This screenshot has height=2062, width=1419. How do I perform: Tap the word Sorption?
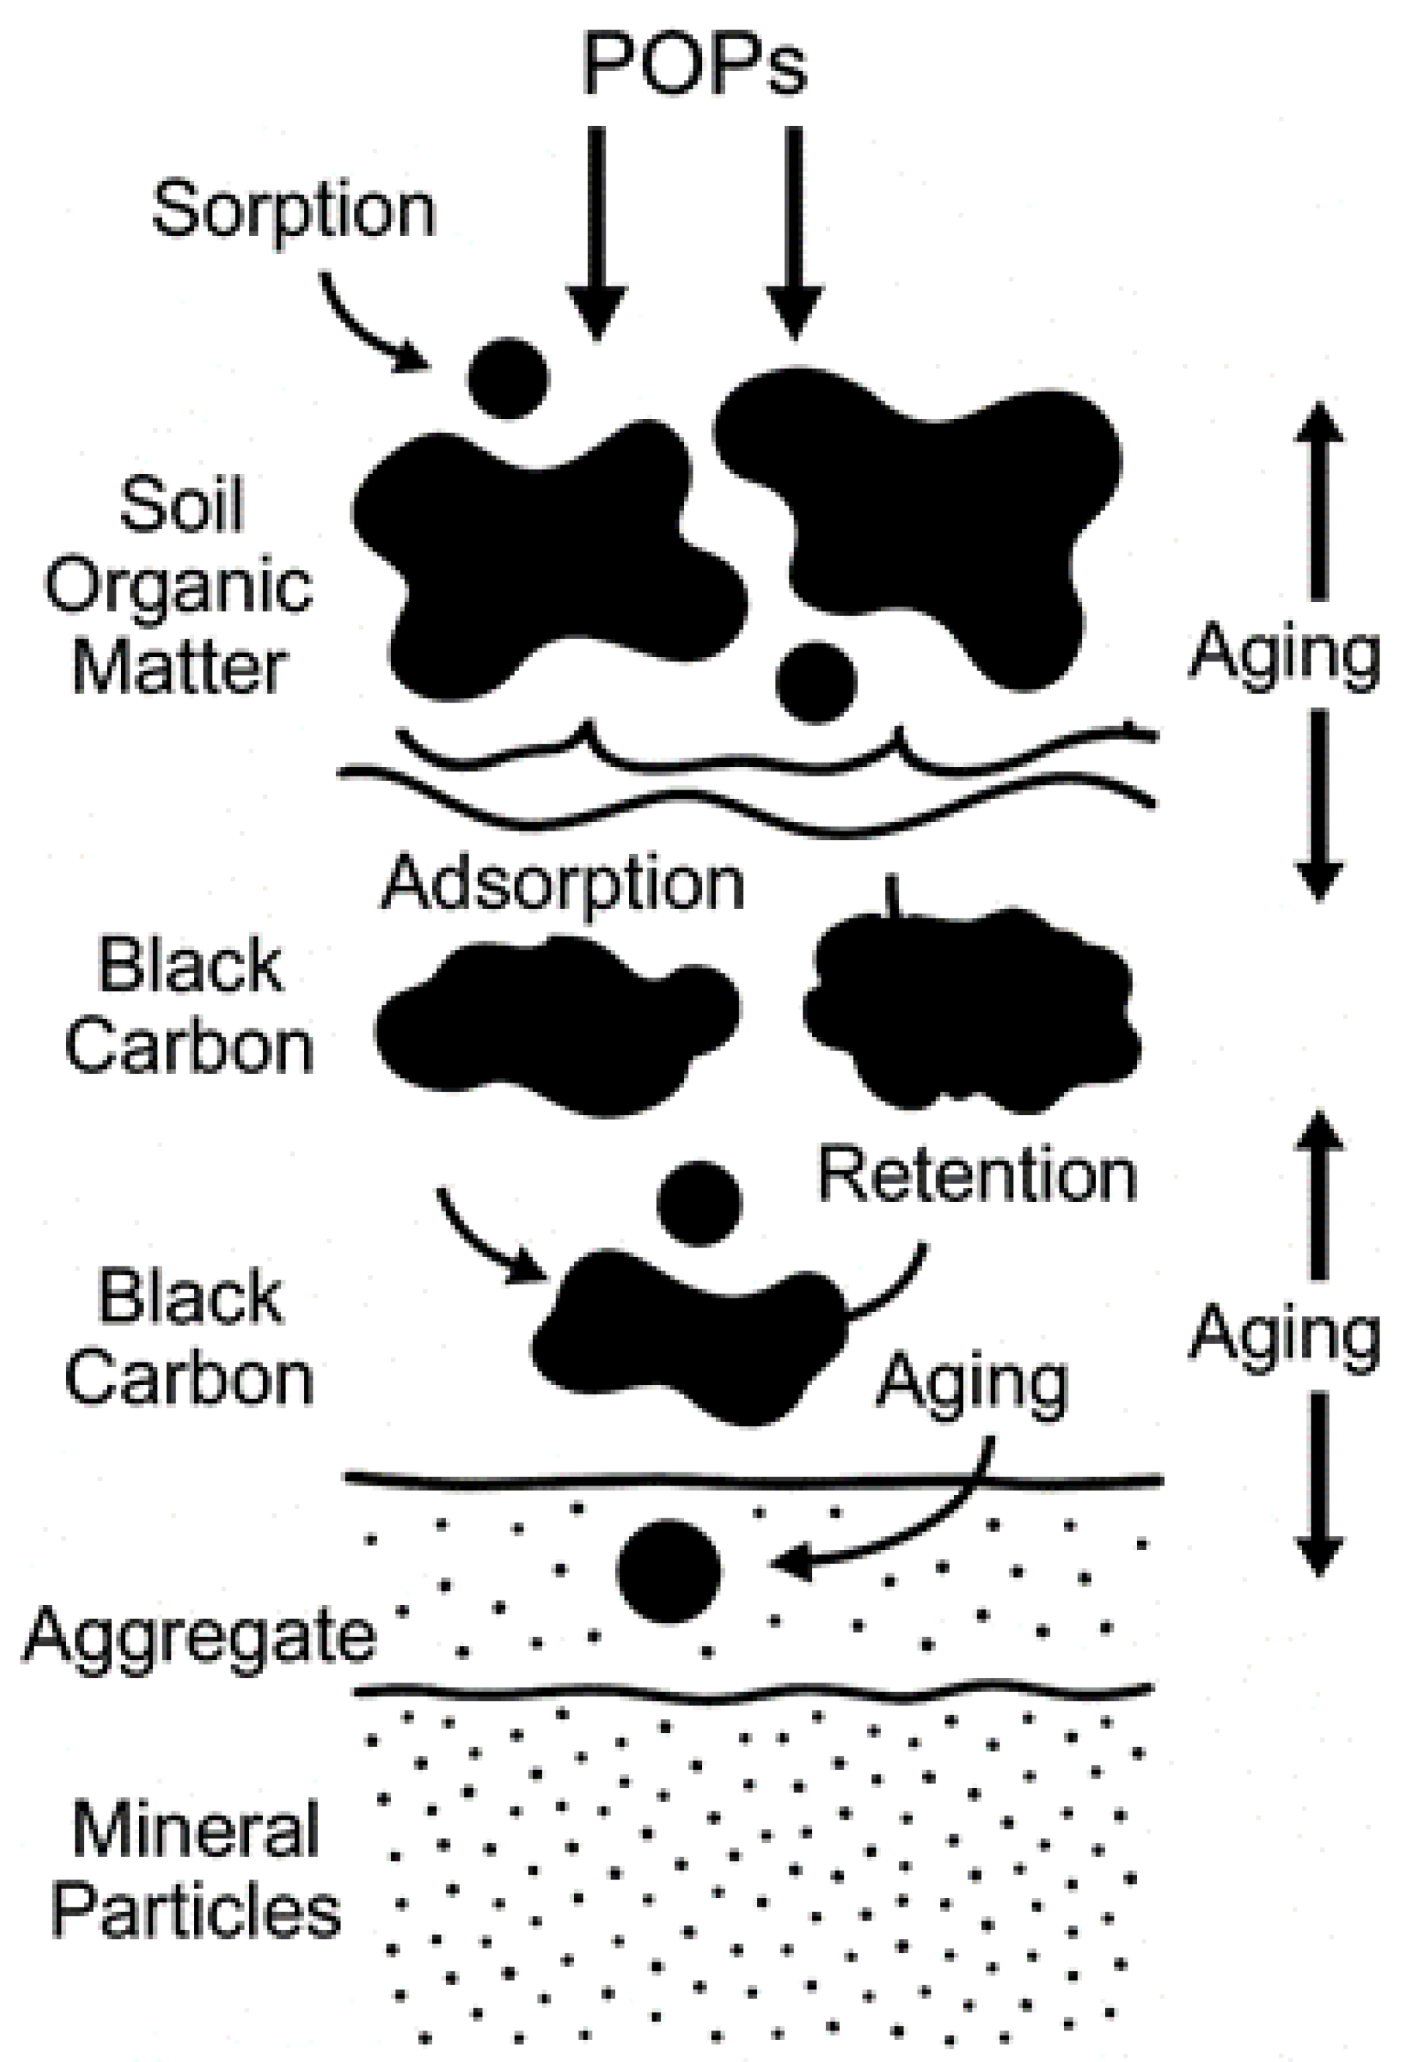[294, 210]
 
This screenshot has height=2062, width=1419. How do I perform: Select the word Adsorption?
[563, 884]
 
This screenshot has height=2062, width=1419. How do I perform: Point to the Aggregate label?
[200, 1635]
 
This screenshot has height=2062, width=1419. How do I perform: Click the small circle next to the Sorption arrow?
[509, 378]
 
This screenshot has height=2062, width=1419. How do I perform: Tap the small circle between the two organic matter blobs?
[816, 682]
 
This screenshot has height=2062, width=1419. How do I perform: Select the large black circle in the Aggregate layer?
[668, 1571]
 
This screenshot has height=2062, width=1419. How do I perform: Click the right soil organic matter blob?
[925, 516]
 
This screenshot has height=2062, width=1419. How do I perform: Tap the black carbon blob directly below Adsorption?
[556, 1023]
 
